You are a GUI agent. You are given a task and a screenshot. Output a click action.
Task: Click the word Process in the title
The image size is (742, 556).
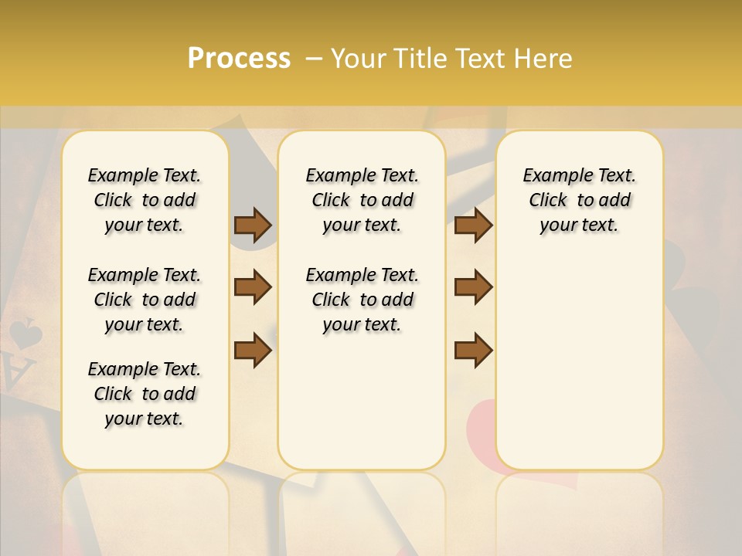[239, 59]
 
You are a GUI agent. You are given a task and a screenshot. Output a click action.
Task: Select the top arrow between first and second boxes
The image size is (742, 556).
[253, 225]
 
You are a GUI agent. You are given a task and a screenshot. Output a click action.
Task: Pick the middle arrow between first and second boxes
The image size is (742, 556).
[253, 287]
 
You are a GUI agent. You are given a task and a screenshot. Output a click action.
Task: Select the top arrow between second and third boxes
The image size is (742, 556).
[473, 225]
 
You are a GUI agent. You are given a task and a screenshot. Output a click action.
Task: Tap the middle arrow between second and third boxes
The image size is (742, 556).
[473, 287]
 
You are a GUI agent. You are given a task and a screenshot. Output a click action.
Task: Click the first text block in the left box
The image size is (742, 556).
[145, 200]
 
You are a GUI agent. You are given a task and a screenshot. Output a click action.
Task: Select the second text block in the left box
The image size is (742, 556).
[145, 300]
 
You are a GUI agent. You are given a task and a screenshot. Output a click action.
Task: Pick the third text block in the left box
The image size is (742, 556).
[145, 394]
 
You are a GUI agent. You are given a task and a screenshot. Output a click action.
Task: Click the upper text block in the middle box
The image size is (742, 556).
[362, 200]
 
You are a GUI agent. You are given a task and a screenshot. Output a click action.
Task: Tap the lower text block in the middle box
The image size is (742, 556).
[362, 300]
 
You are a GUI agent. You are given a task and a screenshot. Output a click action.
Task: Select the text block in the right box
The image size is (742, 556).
[579, 200]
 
